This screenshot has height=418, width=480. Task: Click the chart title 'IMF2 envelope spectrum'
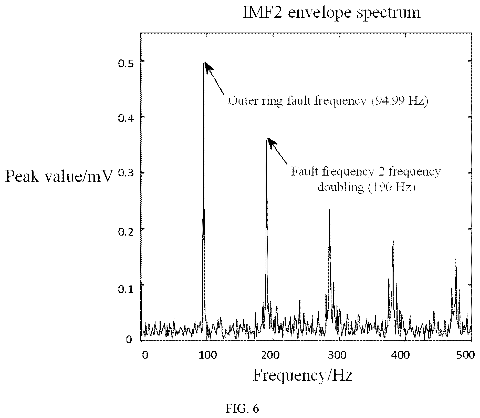(x=331, y=13)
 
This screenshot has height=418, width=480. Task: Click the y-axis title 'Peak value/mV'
(x=59, y=177)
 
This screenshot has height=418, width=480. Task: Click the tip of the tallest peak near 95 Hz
(x=204, y=63)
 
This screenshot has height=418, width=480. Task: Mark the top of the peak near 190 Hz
(x=267, y=139)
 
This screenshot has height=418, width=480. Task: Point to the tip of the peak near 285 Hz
(x=329, y=210)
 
